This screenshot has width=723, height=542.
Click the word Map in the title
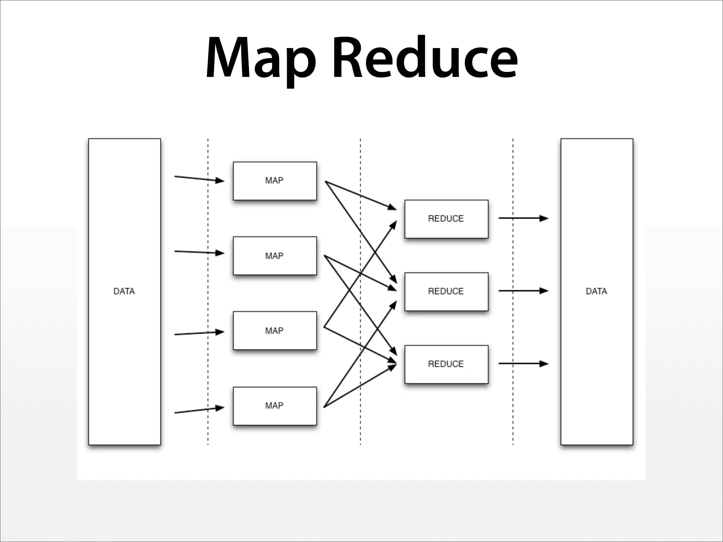tap(261, 58)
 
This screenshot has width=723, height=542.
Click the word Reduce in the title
tap(425, 58)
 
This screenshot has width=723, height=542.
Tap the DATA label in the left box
tap(124, 291)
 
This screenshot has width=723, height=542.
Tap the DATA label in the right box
tap(596, 291)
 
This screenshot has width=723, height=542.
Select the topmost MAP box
tap(275, 181)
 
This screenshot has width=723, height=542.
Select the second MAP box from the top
tap(275, 255)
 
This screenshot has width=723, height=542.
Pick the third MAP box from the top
tap(275, 331)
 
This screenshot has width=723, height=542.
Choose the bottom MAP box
tap(275, 406)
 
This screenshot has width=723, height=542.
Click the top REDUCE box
tap(446, 219)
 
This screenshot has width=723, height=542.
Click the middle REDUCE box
tap(446, 291)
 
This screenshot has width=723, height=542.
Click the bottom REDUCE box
tap(446, 364)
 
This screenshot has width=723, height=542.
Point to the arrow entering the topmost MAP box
tap(199, 179)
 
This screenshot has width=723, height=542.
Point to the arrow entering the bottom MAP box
tap(199, 410)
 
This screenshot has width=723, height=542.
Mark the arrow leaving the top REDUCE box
tap(523, 218)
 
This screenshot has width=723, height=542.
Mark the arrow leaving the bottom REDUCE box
tap(523, 363)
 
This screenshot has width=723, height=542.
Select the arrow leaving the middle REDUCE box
tap(523, 291)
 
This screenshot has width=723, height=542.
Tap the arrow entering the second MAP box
tap(199, 252)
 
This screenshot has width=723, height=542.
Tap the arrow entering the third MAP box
tap(199, 333)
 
